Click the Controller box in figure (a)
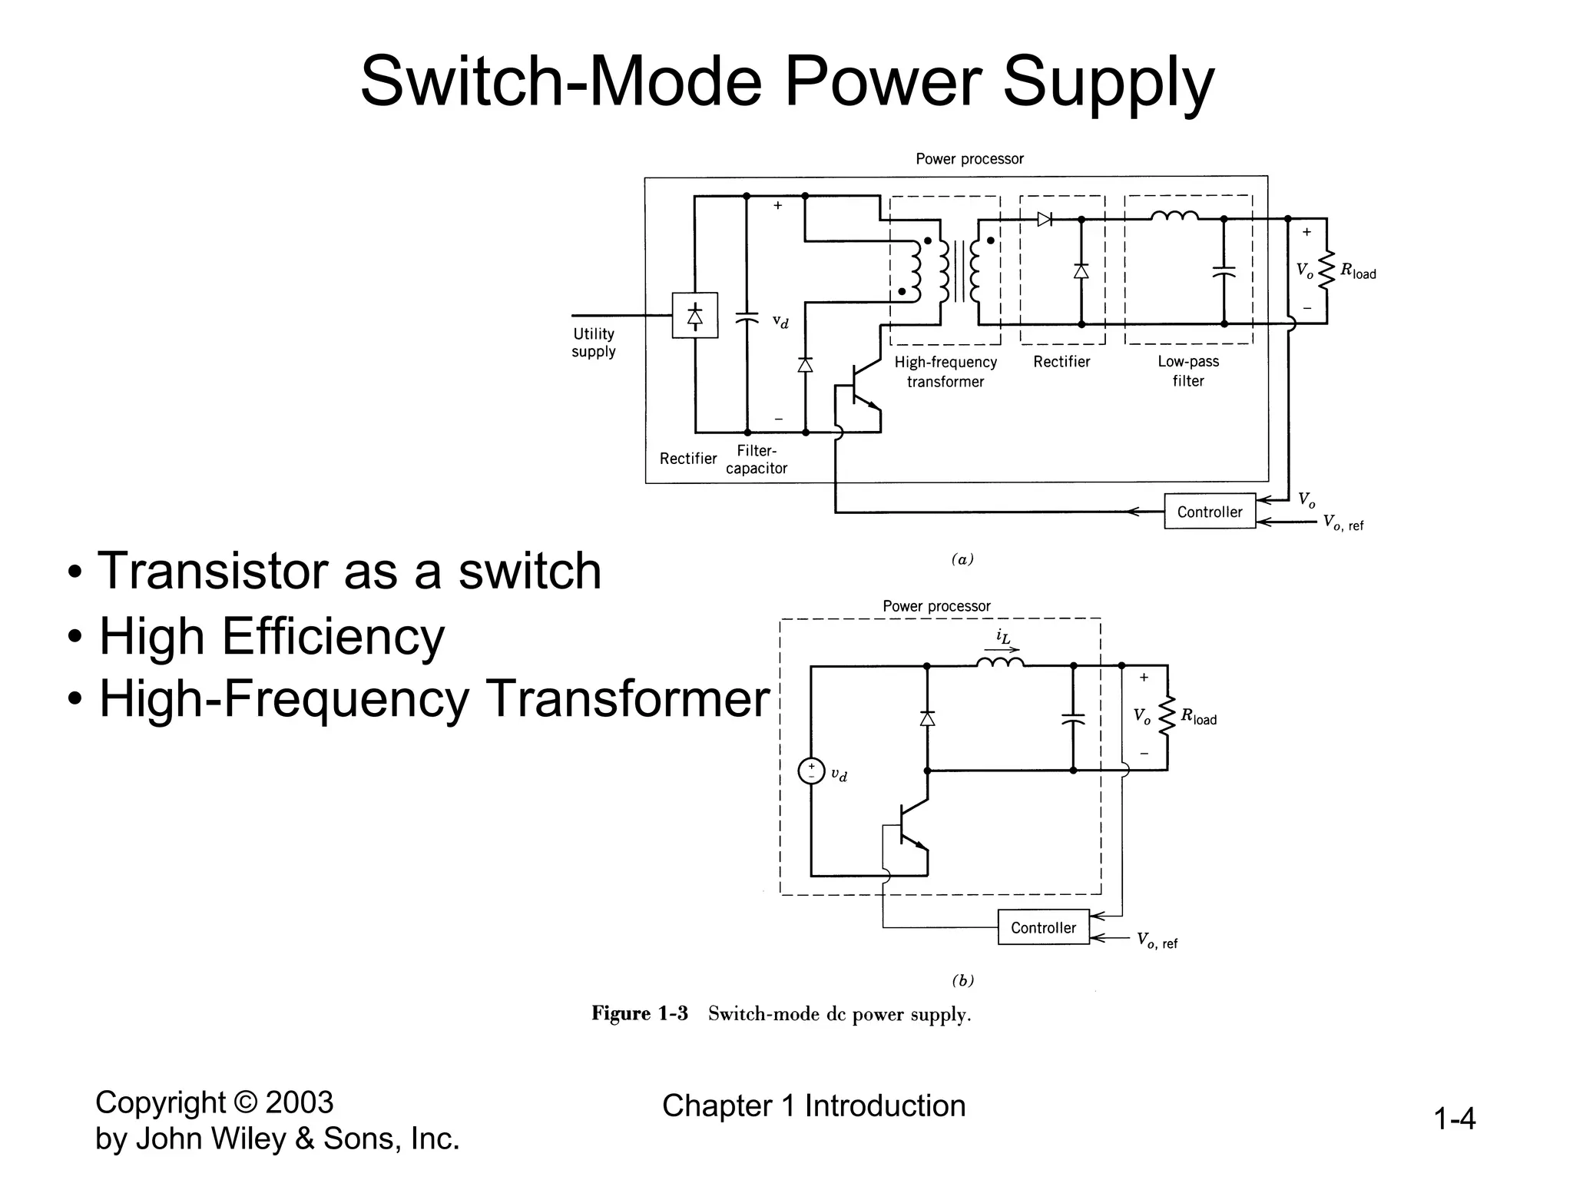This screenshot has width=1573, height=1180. pyautogui.click(x=1209, y=512)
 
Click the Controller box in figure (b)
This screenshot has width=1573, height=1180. pyautogui.click(x=1043, y=927)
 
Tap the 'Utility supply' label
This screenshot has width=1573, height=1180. pyautogui.click(x=594, y=343)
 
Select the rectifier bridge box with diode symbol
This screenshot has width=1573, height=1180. pyautogui.click(x=694, y=315)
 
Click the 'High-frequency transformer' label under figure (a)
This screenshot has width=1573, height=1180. pyautogui.click(x=945, y=372)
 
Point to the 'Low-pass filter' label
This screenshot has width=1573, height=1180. pyautogui.click(x=1188, y=371)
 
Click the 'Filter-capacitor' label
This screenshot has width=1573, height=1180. pyautogui.click(x=757, y=459)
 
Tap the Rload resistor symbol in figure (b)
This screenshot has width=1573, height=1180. pyautogui.click(x=1167, y=717)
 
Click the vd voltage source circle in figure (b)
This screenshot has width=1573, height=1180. pyautogui.click(x=811, y=771)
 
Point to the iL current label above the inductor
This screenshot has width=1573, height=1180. pyautogui.click(x=1003, y=637)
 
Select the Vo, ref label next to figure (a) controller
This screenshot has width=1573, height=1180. pyautogui.click(x=1343, y=523)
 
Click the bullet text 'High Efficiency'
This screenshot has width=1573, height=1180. pyautogui.click(x=272, y=636)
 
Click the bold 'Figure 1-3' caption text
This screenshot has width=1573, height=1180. pyautogui.click(x=639, y=1013)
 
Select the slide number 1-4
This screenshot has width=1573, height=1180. pyautogui.click(x=1454, y=1119)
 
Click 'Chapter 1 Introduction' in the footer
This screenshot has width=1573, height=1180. pyautogui.click(x=813, y=1106)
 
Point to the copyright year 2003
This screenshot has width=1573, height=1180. pyautogui.click(x=299, y=1103)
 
